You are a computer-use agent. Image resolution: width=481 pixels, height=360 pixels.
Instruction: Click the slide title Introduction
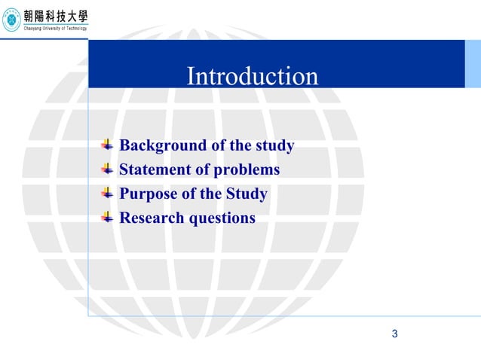click(252, 76)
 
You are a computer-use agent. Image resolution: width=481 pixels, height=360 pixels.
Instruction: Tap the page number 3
click(394, 334)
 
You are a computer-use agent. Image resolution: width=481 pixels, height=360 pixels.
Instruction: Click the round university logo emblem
click(11, 20)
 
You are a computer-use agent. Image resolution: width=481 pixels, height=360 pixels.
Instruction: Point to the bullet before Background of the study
click(107, 145)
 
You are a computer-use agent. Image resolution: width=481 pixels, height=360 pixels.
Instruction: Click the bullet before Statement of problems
click(107, 169)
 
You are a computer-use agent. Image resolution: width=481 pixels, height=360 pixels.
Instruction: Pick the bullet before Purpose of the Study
click(107, 193)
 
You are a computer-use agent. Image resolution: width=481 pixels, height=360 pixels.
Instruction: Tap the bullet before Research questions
click(107, 217)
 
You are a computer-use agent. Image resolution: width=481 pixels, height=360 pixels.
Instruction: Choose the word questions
click(223, 219)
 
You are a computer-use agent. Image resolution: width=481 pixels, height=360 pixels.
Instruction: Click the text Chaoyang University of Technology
click(56, 28)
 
